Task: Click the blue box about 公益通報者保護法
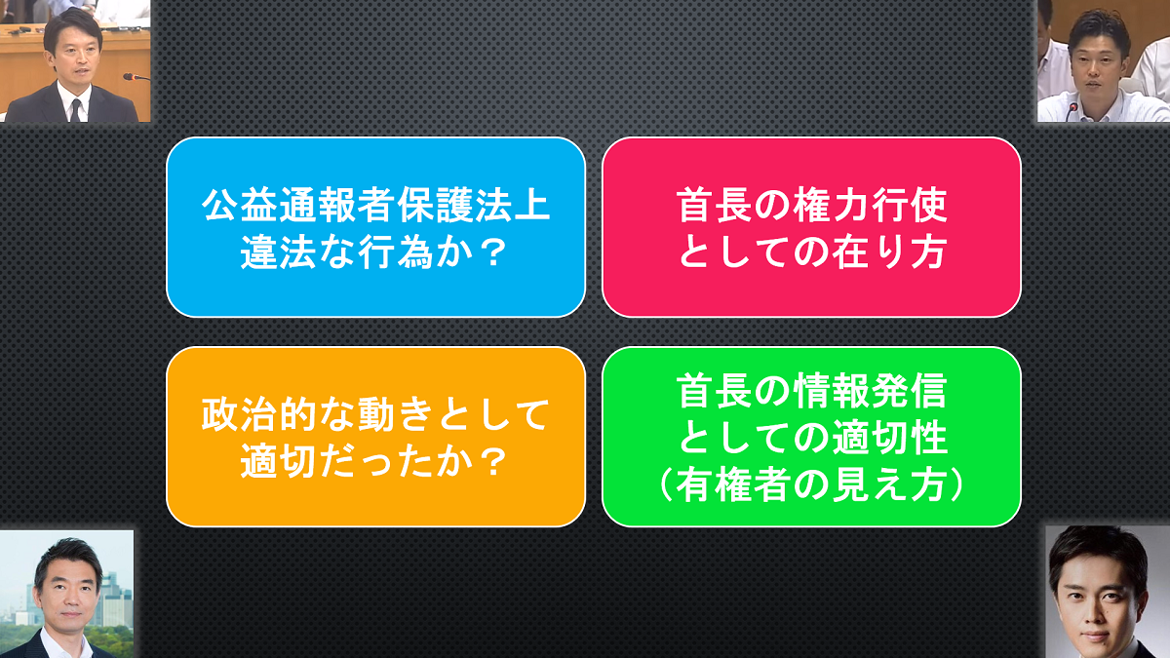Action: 375,227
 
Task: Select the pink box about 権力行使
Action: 811,227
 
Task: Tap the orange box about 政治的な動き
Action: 375,437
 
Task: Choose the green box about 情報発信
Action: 811,437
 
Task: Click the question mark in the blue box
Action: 492,252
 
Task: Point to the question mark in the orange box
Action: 492,462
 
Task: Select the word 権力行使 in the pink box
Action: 870,206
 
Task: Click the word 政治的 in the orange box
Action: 258,415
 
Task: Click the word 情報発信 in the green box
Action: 870,391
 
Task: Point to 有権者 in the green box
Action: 732,485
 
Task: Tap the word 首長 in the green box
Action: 714,391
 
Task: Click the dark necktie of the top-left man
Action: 76,110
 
